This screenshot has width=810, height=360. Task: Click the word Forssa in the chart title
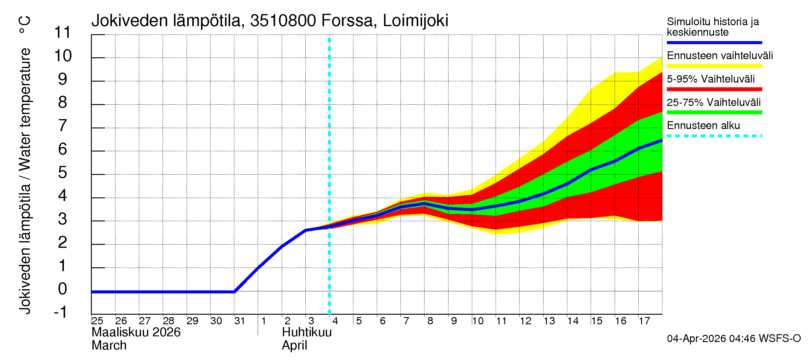(347, 21)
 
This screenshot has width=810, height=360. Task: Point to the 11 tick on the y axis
(63, 32)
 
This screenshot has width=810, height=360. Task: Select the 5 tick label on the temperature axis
(63, 172)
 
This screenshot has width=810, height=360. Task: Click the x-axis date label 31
(240, 321)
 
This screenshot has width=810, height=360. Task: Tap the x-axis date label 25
(97, 321)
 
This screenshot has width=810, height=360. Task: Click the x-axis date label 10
(477, 321)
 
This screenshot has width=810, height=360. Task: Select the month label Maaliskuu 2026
(136, 332)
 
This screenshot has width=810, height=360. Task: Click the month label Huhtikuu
(307, 332)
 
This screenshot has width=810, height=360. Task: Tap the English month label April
(294, 346)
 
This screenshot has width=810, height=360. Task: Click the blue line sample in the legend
(714, 42)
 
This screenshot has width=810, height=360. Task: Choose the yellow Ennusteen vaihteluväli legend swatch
(714, 66)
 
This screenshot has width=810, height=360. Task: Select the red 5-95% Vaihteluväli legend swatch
(714, 89)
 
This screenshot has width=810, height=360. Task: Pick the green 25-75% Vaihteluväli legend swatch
(714, 112)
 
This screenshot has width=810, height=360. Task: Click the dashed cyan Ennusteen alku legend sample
(714, 136)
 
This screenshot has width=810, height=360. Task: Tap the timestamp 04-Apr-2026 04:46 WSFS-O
(733, 339)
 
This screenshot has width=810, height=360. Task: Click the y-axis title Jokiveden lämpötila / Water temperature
(25, 181)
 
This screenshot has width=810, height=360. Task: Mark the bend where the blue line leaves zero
(234, 292)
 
